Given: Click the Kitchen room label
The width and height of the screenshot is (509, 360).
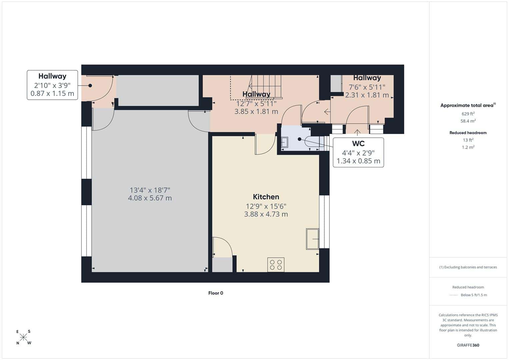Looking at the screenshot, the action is pyautogui.click(x=266, y=197).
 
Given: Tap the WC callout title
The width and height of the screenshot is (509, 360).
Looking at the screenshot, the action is pyautogui.click(x=358, y=144).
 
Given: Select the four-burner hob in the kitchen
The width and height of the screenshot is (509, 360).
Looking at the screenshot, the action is pyautogui.click(x=276, y=265).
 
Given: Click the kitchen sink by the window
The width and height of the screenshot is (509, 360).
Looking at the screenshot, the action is pyautogui.click(x=312, y=239).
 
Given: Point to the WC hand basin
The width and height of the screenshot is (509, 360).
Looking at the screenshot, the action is pyautogui.click(x=284, y=143).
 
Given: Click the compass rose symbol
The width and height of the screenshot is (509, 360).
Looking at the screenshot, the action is pyautogui.click(x=23, y=337).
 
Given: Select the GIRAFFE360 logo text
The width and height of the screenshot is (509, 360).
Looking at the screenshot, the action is pyautogui.click(x=468, y=345).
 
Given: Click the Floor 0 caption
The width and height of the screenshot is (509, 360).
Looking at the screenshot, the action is pyautogui.click(x=216, y=293).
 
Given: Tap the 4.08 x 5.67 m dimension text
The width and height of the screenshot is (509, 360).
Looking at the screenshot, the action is pyautogui.click(x=150, y=198).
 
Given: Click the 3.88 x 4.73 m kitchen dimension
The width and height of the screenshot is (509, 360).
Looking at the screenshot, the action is pyautogui.click(x=266, y=214).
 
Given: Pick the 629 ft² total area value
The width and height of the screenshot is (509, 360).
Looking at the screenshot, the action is pyautogui.click(x=468, y=114).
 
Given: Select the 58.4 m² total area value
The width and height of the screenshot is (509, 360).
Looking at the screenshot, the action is pyautogui.click(x=468, y=121).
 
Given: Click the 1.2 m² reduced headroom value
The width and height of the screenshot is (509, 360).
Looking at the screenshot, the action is pyautogui.click(x=468, y=147).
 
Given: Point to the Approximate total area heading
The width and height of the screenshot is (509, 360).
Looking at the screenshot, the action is pyautogui.click(x=468, y=105).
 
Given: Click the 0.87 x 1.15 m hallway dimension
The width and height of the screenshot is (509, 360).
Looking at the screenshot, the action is pyautogui.click(x=52, y=93).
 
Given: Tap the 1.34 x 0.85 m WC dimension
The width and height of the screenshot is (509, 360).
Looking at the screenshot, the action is pyautogui.click(x=358, y=161).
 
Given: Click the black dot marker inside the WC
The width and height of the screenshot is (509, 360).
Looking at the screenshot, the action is pyautogui.click(x=299, y=139).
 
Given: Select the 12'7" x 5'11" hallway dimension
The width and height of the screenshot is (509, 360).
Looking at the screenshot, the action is pyautogui.click(x=256, y=104).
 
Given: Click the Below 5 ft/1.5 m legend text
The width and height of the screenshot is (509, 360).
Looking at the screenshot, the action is pyautogui.click(x=474, y=295).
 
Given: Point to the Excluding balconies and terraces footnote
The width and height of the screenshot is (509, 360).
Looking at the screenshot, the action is pyautogui.click(x=468, y=267).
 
